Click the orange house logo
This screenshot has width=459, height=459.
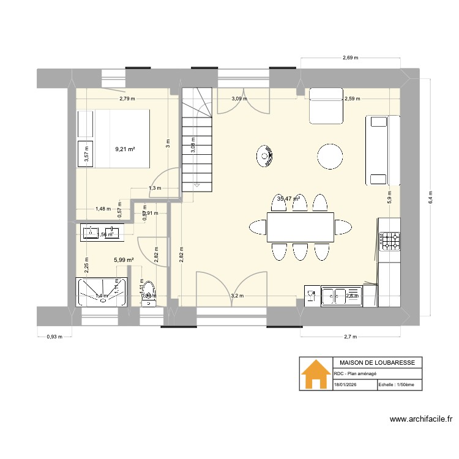[315, 374]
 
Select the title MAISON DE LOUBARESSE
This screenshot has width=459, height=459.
[376, 363]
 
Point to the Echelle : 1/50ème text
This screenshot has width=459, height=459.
[396, 385]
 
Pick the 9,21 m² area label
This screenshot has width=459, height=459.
[125, 148]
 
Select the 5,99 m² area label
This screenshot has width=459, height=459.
[124, 259]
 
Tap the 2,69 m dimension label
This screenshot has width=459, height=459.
[350, 58]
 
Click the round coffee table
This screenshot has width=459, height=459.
[330, 156]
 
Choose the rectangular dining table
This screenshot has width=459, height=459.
[300, 227]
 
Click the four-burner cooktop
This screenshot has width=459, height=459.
[389, 240]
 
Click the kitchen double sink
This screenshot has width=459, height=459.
[341, 296]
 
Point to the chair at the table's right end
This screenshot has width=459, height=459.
[343, 227]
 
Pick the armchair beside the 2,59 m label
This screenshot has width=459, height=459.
[326, 105]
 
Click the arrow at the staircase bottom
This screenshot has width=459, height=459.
[196, 184]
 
